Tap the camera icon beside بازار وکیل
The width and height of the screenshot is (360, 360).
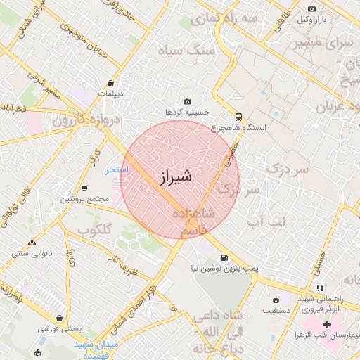click(x=312, y=9)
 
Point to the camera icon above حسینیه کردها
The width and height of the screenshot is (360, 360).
click(x=186, y=102)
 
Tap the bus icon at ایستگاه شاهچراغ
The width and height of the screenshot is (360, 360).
click(x=238, y=117)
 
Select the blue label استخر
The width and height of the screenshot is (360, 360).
click(x=117, y=169)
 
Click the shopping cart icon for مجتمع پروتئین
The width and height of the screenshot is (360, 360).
click(x=85, y=188)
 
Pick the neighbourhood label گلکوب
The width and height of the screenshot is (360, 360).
click(x=94, y=229)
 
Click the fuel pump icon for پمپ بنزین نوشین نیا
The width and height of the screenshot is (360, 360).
click(x=224, y=257)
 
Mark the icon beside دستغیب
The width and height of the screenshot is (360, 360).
click(x=275, y=298)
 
